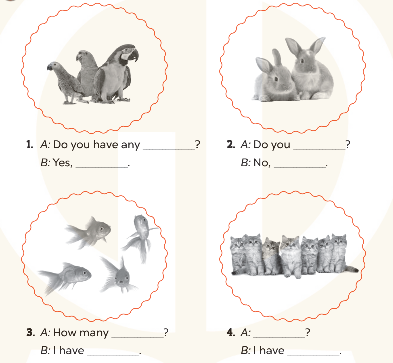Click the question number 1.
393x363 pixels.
tap(29, 145)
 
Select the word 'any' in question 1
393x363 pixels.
tap(130, 145)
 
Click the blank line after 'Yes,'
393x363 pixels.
tap(102, 167)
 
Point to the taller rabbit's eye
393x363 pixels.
tap(302, 60)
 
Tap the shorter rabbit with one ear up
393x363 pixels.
tap(273, 78)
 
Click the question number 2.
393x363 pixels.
tap(231, 145)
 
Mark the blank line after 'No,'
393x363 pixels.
tap(300, 167)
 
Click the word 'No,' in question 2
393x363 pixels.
tap(262, 163)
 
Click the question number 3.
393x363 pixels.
tap(30, 332)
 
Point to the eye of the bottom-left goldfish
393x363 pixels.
tap(84, 273)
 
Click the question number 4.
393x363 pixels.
tap(231, 332)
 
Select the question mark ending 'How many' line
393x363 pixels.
tap(166, 332)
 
